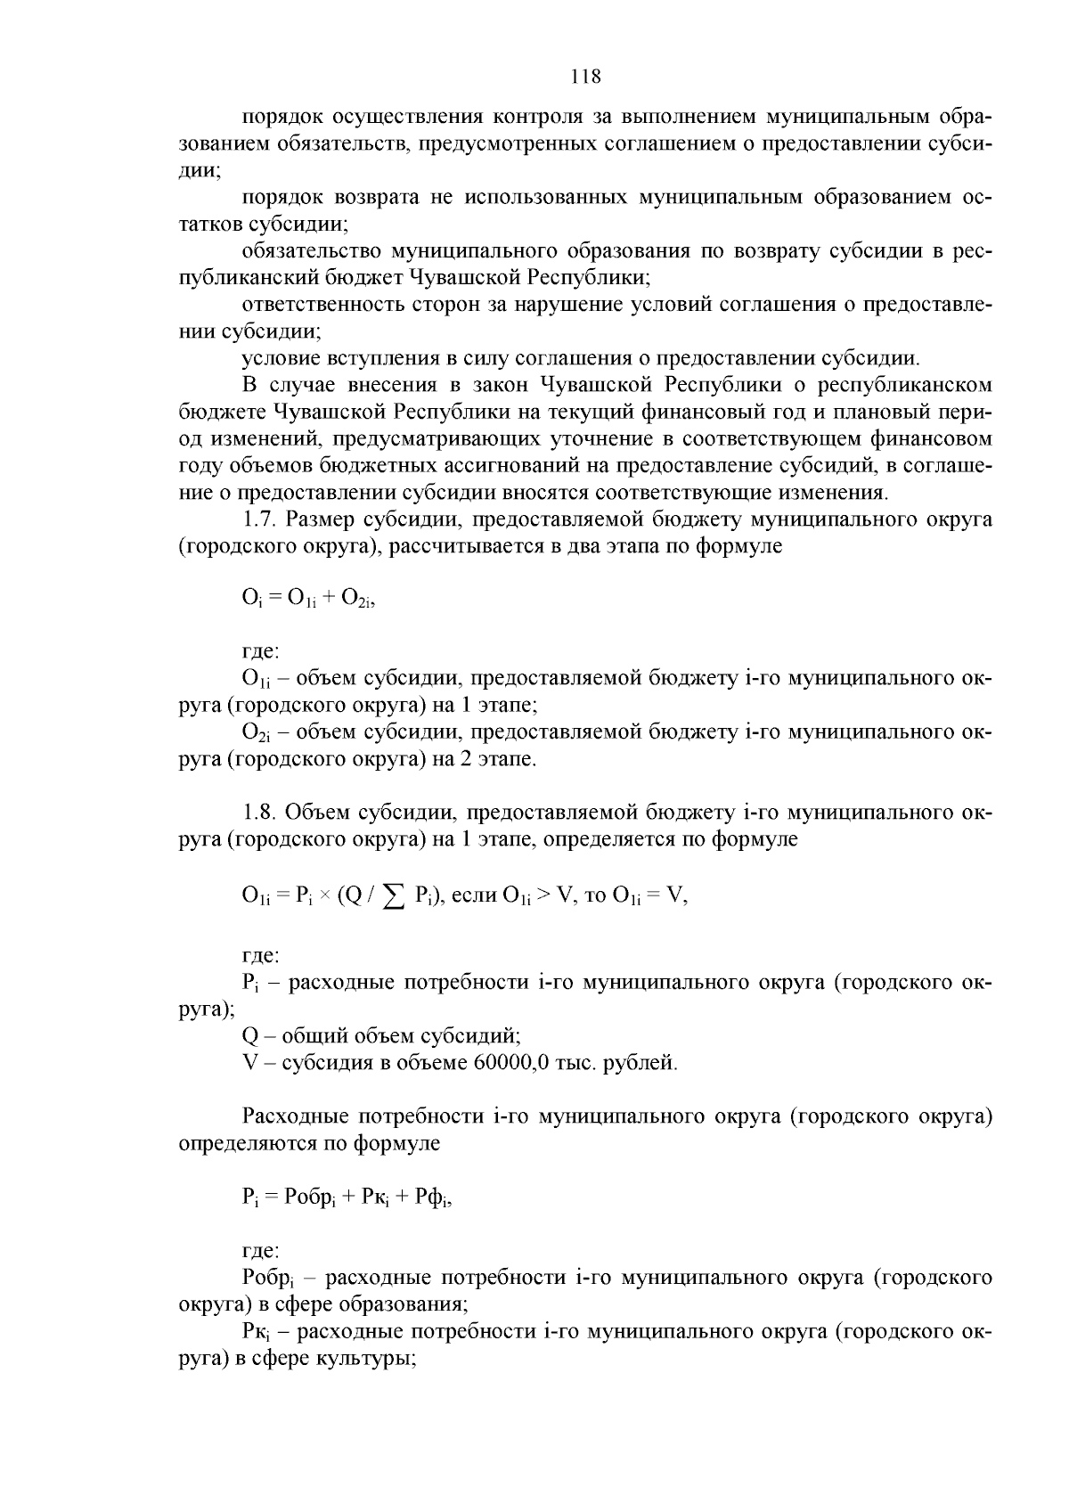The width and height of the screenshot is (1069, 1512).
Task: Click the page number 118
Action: (x=586, y=77)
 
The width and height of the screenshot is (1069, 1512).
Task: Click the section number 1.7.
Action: (x=263, y=519)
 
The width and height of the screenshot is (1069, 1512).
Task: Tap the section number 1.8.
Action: (x=263, y=813)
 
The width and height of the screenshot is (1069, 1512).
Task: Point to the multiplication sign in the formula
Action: (x=325, y=896)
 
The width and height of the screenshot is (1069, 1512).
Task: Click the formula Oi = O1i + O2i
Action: (x=308, y=600)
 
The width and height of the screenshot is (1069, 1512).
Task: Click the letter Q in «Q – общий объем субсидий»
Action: (x=249, y=1036)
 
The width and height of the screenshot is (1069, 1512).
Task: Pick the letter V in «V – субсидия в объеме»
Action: (x=249, y=1063)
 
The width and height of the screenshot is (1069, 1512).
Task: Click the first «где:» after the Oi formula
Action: (x=261, y=652)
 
